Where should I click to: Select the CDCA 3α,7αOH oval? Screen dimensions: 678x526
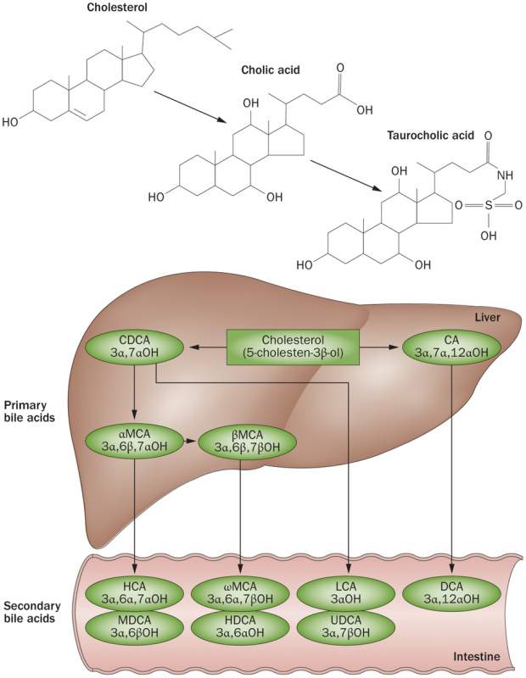(x=136, y=347)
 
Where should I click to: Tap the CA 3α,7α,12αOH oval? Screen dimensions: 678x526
(x=450, y=347)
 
